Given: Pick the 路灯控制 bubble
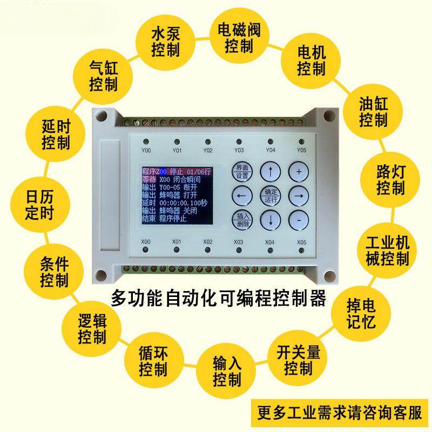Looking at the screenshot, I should pos(390,180).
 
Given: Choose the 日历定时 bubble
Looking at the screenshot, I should pos(39,204).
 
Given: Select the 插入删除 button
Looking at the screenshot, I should pos(242,219).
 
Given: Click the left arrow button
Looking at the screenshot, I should pos(241,195).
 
